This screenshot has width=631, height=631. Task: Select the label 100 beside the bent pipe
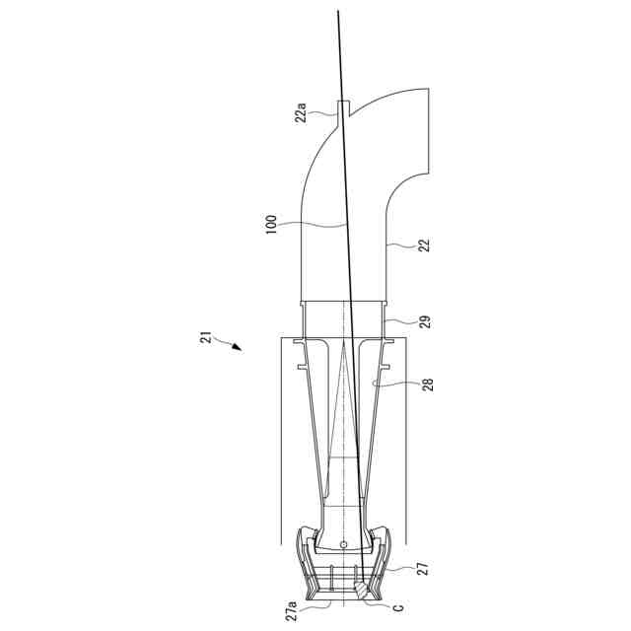click(271, 226)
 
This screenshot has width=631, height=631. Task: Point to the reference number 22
click(424, 245)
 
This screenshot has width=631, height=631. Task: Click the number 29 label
click(424, 321)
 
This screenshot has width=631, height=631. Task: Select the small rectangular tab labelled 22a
click(342, 108)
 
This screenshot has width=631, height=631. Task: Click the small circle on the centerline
click(342, 545)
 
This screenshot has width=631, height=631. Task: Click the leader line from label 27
click(398, 569)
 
